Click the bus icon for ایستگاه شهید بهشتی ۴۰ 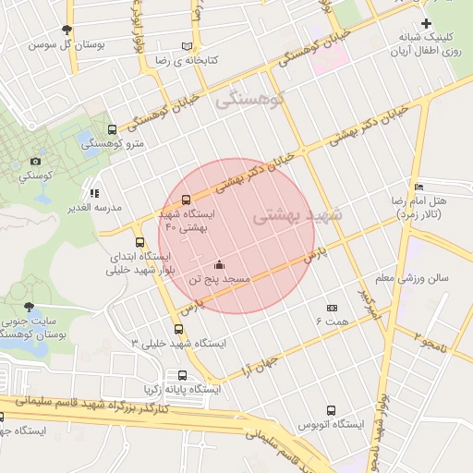(187, 200)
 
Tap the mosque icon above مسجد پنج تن (218, 265)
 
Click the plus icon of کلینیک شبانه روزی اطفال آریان (425, 23)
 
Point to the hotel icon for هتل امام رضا (419, 188)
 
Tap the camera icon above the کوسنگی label (36, 162)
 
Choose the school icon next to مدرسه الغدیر (93, 194)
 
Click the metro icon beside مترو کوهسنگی (112, 130)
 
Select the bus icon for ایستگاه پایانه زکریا (182, 376)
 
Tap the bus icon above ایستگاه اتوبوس (331, 410)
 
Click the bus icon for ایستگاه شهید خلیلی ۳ (178, 329)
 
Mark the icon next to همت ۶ (332, 308)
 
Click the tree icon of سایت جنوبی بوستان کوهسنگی (29, 306)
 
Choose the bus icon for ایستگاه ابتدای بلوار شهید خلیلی (139, 242)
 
